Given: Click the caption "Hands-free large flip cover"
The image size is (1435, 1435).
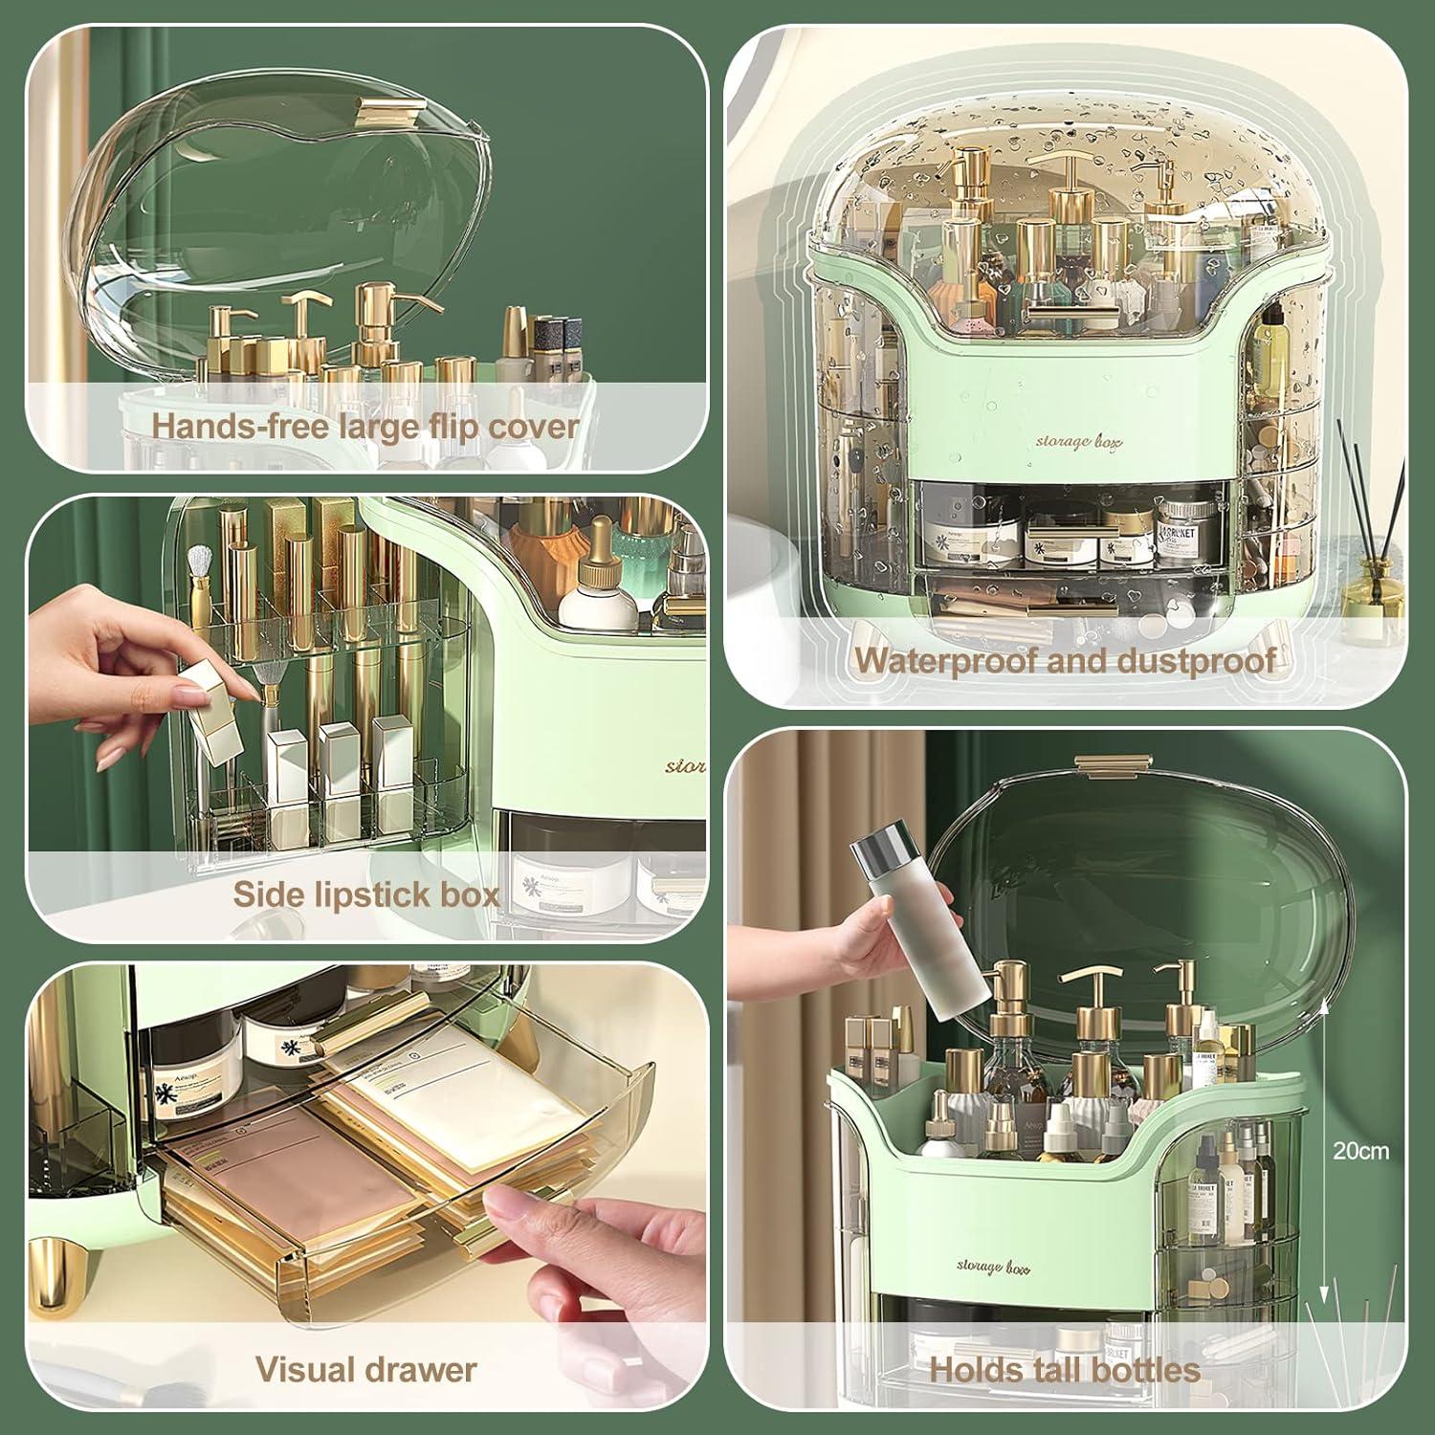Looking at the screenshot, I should pyautogui.click(x=365, y=426).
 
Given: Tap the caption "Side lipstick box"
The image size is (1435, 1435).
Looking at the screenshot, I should pyautogui.click(x=365, y=894).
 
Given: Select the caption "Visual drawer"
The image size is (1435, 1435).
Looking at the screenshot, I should pyautogui.click(x=365, y=1369).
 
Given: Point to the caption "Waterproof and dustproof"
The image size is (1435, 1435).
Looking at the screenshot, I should pyautogui.click(x=1065, y=660).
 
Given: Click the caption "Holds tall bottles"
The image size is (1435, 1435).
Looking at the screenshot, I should pyautogui.click(x=1065, y=1369).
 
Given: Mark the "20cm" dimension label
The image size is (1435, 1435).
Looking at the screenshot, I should pyautogui.click(x=1360, y=1151).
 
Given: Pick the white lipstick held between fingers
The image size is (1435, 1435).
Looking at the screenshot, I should pyautogui.click(x=212, y=712).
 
